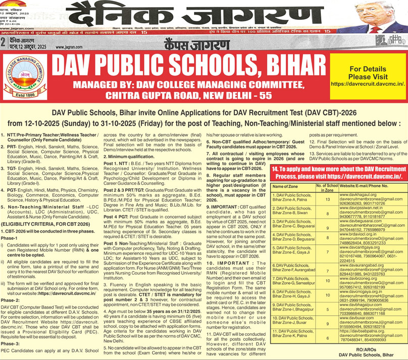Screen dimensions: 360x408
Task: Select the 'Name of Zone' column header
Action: pos(287,186)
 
